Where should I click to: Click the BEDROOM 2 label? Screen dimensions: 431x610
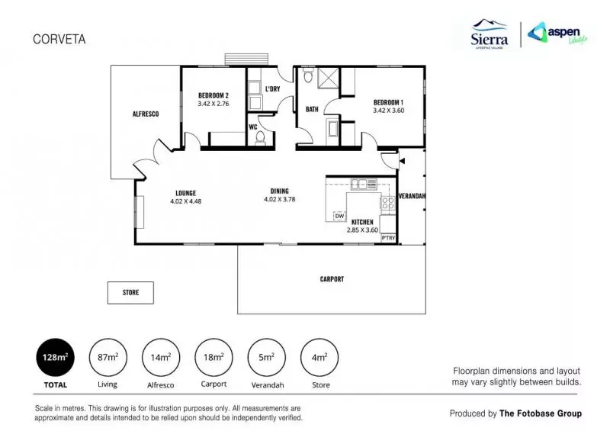[x=213, y=95]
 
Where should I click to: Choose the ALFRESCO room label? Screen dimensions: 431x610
[x=145, y=114]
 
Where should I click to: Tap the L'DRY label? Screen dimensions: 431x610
[x=272, y=90]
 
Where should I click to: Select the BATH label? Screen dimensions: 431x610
[x=312, y=109]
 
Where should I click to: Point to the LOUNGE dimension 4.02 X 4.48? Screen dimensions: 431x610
[x=185, y=201]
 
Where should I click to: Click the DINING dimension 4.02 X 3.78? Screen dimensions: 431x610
[x=279, y=200]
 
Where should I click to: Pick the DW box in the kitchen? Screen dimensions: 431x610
[x=340, y=217]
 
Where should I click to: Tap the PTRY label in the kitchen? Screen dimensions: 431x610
[x=388, y=238]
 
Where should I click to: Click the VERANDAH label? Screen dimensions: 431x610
[x=413, y=196]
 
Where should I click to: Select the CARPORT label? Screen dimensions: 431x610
[x=332, y=279]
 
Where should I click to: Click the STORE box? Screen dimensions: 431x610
[x=130, y=292]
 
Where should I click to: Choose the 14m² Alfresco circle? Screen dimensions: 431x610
[x=161, y=357]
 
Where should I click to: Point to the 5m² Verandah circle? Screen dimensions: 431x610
[x=267, y=357]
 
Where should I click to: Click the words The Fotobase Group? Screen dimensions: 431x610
[x=540, y=413]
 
